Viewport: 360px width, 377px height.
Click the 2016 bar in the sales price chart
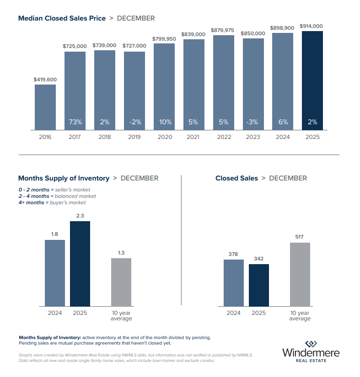coord(45,107)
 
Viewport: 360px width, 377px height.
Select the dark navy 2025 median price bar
coord(312,80)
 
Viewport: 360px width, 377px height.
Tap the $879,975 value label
coord(222,30)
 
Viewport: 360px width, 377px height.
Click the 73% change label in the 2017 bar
coord(75,122)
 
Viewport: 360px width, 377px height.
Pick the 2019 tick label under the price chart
coord(134,137)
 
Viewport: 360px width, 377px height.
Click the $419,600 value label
coord(45,80)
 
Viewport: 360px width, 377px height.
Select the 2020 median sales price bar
coord(164,86)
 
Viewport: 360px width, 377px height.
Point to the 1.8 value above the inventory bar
coord(55,234)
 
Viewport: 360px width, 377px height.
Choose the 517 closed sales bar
coord(300,274)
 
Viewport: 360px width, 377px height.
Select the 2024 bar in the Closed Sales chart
coord(234,283)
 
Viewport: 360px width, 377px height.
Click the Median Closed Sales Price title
coord(62,18)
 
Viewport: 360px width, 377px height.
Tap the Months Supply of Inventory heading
coord(64,178)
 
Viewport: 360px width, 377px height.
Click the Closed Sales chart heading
coord(236,178)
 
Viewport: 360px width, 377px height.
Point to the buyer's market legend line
coord(52,202)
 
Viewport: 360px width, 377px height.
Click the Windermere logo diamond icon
coord(311,344)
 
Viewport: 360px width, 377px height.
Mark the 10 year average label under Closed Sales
coord(300,316)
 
